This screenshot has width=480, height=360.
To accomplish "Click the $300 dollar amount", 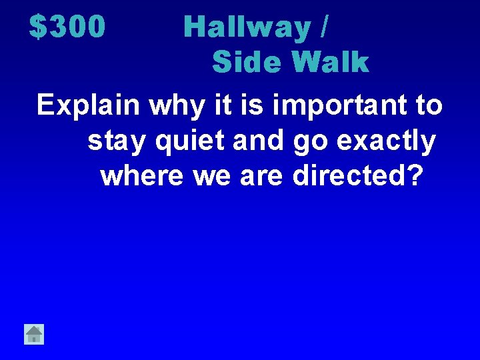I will tap(67, 27).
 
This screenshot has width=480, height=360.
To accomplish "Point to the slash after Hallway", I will tap(324, 27).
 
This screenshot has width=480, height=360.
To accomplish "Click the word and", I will tap(249, 141).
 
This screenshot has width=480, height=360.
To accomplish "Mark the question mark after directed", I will tap(414, 176).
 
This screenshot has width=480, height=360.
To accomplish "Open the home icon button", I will tap(34, 333).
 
